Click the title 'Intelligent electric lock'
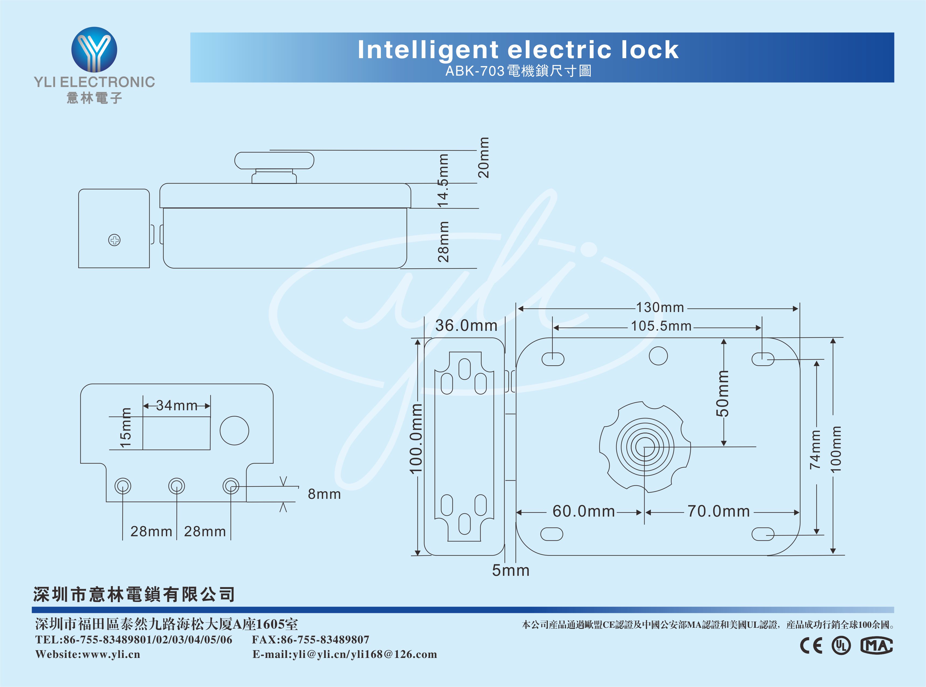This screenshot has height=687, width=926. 518,50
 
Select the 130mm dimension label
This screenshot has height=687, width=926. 660,307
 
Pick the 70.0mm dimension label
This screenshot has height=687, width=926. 718,511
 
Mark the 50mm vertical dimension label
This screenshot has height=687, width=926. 723,393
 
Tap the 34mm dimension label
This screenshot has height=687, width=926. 177,405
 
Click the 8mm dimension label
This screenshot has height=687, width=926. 324,494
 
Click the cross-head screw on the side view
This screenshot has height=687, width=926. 114,240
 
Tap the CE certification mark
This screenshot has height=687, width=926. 812,646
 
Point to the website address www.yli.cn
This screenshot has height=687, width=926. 112,654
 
